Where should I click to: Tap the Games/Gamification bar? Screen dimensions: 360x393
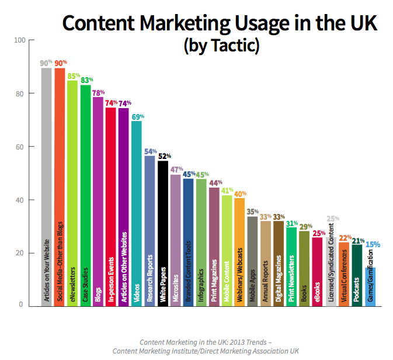pos(370,286)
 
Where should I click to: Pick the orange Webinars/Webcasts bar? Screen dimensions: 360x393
pos(239,251)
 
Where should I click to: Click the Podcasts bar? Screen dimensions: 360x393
pos(357,275)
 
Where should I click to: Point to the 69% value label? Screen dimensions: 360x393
pos(137,117)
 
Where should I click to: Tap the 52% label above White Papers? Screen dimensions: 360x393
pos(164,156)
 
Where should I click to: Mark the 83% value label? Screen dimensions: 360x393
pos(86,80)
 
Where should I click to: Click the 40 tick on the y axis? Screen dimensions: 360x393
pos(22,200)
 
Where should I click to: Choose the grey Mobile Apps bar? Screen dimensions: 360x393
pos(253,261)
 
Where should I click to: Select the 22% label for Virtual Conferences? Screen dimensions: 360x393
pos(345,237)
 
